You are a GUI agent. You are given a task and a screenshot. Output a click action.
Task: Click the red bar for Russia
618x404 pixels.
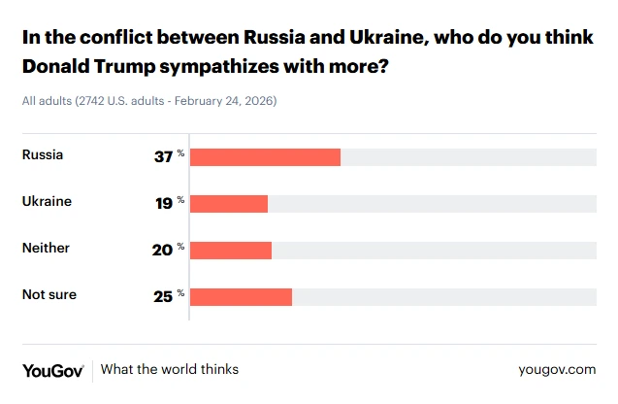tap(265, 157)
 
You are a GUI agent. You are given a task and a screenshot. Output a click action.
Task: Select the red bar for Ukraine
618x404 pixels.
tap(229, 203)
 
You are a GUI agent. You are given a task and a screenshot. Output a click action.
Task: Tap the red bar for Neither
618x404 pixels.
tap(231, 250)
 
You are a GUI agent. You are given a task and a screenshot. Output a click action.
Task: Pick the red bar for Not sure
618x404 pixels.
tap(241, 296)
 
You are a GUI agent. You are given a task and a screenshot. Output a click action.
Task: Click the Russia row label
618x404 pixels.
tap(43, 154)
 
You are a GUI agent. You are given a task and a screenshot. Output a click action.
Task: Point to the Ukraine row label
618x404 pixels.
tap(47, 201)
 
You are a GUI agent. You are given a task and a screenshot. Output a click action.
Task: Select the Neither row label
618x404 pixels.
tap(46, 248)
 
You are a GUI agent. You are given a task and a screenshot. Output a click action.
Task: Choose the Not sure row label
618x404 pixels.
tap(49, 294)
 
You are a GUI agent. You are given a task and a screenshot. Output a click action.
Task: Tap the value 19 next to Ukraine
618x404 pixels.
tap(163, 203)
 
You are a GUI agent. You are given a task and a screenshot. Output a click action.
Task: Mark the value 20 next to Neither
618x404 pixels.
tap(163, 250)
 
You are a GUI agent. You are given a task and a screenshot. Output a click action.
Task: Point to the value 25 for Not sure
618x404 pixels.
tap(163, 296)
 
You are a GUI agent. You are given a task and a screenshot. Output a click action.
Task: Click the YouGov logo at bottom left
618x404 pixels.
tap(52, 370)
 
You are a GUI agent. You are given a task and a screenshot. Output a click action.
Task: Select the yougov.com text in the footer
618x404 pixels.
tap(557, 370)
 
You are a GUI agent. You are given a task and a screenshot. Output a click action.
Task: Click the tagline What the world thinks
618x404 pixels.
tap(170, 370)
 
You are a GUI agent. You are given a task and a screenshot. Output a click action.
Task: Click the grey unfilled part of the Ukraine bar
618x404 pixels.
tap(432, 203)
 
